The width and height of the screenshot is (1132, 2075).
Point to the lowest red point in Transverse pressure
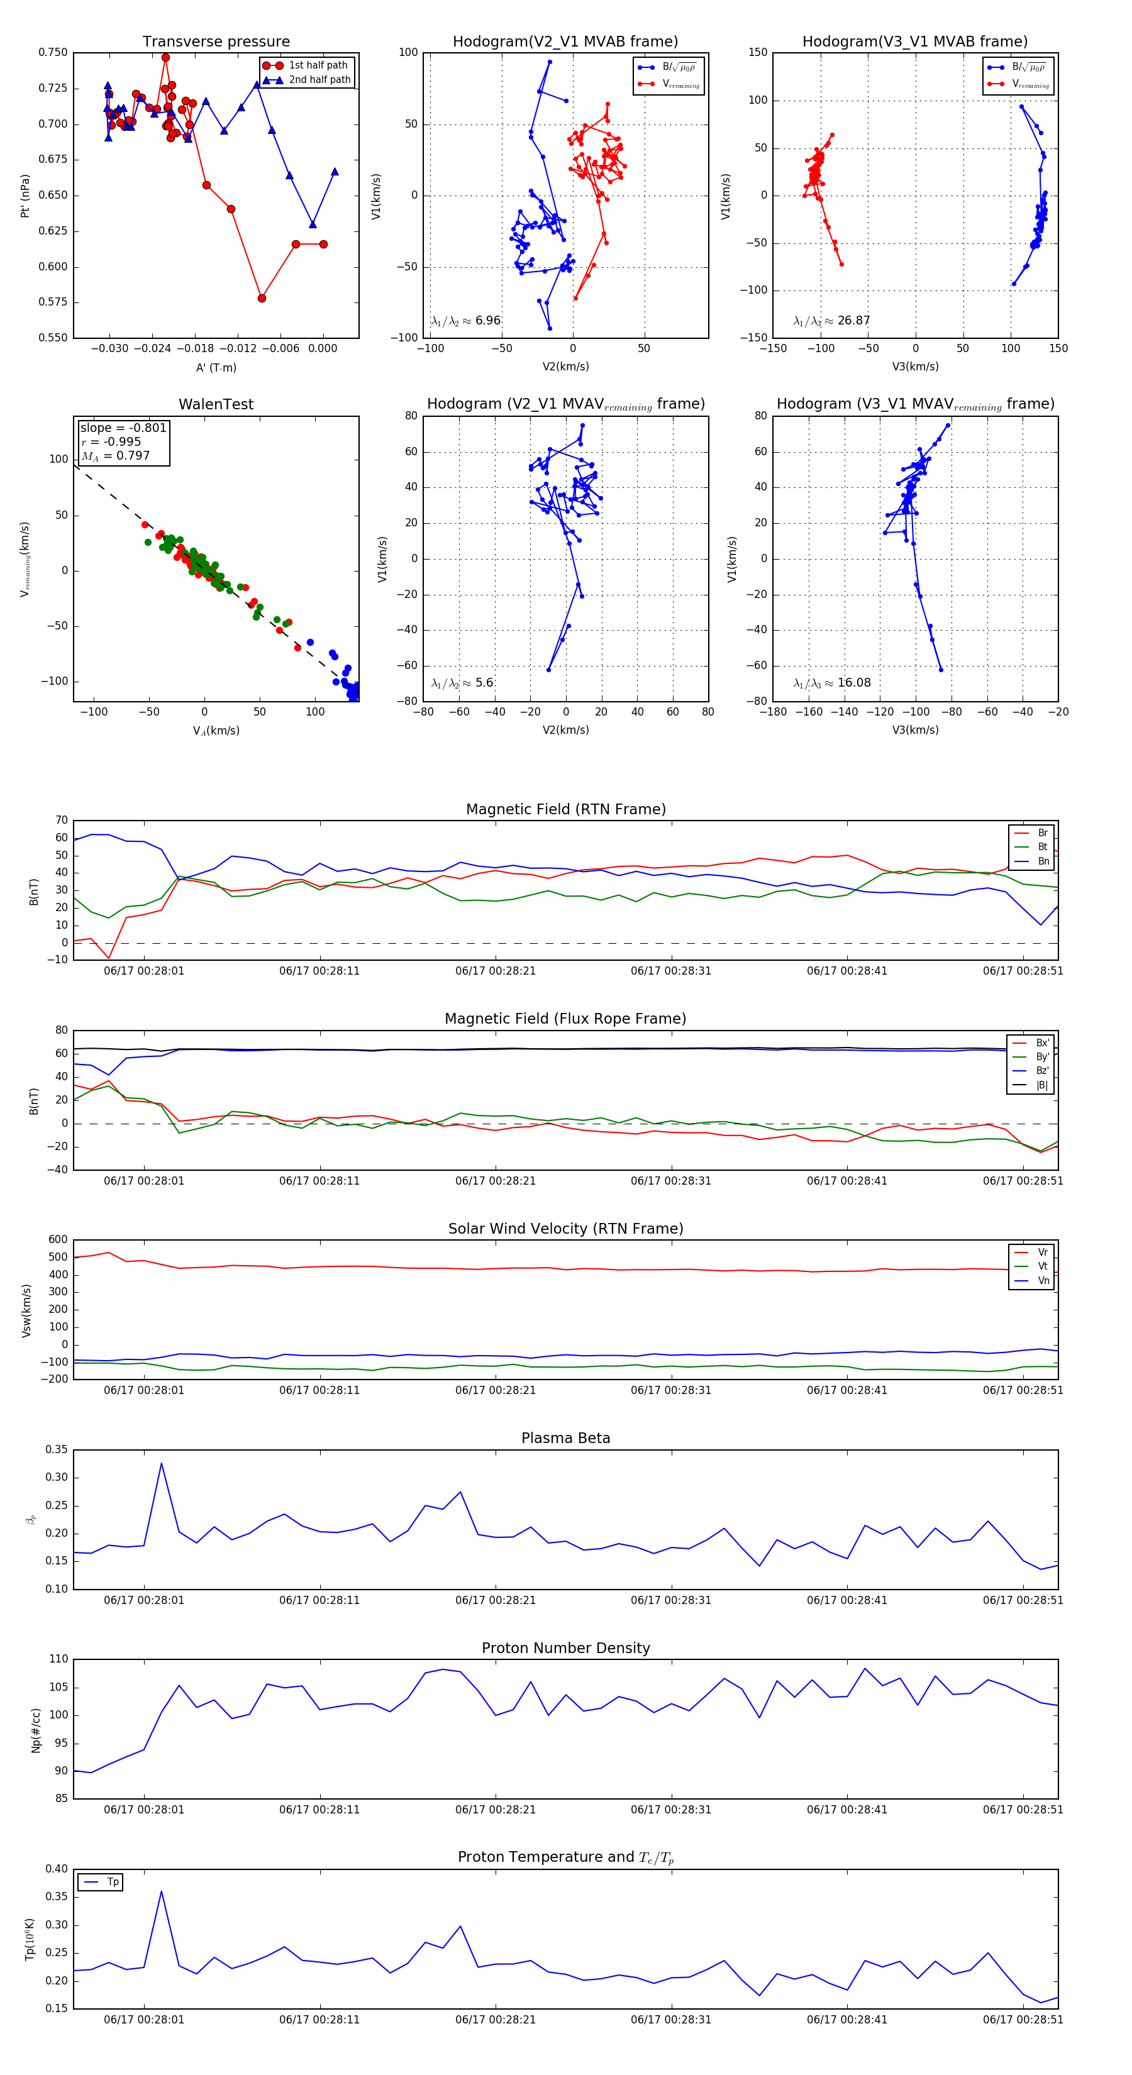tap(262, 298)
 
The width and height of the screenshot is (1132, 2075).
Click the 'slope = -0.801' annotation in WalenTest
tap(123, 428)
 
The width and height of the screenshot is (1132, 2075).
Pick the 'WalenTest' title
tap(216, 404)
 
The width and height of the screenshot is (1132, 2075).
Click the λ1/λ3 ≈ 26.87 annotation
tap(831, 321)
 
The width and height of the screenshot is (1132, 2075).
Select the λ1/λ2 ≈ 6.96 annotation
tap(465, 321)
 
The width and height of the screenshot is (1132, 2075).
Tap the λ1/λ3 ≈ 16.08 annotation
tap(831, 683)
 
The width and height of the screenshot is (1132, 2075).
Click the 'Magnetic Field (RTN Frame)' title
tap(565, 809)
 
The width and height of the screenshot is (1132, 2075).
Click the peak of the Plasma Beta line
tap(161, 1464)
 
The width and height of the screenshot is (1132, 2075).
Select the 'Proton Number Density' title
tap(565, 1648)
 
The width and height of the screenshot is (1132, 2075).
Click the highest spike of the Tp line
tap(161, 1891)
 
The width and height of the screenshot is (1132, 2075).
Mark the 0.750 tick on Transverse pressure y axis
tap(53, 52)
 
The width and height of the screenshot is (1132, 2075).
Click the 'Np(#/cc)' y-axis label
tap(35, 1731)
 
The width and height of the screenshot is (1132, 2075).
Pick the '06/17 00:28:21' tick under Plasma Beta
tap(496, 1600)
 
